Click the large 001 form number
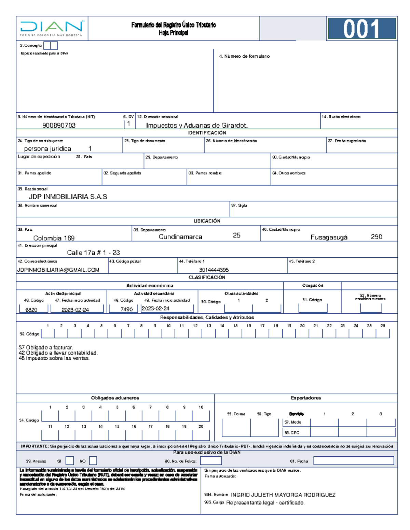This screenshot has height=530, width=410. point(361,29)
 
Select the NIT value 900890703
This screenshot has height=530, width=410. point(59,125)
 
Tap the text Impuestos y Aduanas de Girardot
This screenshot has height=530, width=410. point(196,125)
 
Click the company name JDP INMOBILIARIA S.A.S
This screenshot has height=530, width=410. point(68,197)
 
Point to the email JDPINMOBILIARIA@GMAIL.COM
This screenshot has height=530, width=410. point(58,270)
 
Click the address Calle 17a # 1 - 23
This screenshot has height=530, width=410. point(93,253)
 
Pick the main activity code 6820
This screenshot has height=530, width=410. point(31,310)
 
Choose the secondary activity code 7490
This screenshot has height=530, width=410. point(126,309)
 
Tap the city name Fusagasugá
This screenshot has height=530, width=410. point(329,237)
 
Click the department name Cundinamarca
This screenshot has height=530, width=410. point(180,237)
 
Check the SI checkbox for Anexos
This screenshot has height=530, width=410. point(70,461)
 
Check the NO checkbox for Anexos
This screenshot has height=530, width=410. point(93,461)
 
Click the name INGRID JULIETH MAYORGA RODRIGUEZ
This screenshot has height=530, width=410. point(283,495)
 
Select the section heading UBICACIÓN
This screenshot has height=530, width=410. point(207,221)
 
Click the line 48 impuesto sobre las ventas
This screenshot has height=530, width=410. point(54,358)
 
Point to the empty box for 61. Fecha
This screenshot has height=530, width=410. point(353,461)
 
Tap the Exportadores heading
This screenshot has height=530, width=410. point(306,398)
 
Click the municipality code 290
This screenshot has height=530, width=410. point(376,237)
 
